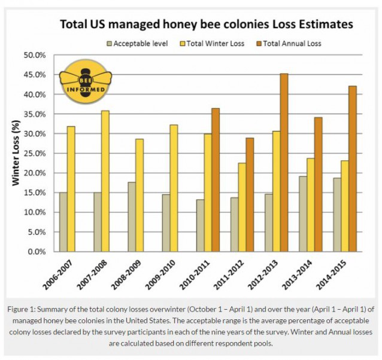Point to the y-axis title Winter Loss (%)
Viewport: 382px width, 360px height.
pos(19,152)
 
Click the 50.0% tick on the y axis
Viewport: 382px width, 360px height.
pos(35,55)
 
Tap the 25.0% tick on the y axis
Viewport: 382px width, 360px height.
pos(35,153)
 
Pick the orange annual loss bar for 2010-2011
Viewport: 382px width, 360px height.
pos(216,180)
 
